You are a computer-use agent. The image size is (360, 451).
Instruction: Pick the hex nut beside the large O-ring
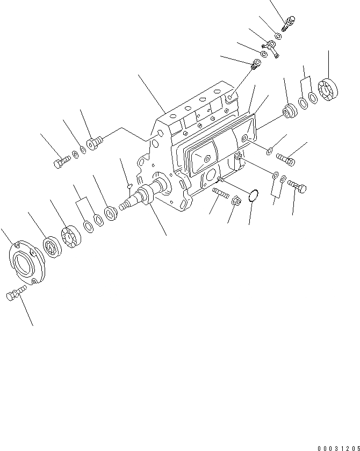pos(235,201)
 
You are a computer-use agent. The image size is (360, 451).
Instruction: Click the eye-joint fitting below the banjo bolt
pos(273,49)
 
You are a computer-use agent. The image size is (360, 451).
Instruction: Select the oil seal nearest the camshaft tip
pos(112,214)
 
